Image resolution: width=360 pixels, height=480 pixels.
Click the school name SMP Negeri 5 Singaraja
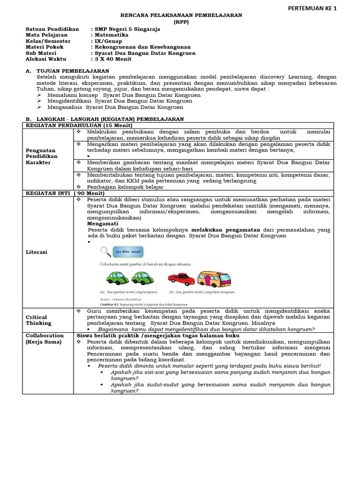click(x=127, y=29)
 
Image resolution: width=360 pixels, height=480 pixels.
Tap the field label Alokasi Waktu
click(x=46, y=60)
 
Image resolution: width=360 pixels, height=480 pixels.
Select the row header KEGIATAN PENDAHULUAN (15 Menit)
click(x=79, y=126)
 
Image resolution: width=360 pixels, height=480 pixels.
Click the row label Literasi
click(x=37, y=252)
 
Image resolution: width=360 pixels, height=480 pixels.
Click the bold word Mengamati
click(x=103, y=224)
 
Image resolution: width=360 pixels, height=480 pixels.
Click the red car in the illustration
click(x=181, y=279)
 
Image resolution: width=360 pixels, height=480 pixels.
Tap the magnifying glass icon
click(x=106, y=252)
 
